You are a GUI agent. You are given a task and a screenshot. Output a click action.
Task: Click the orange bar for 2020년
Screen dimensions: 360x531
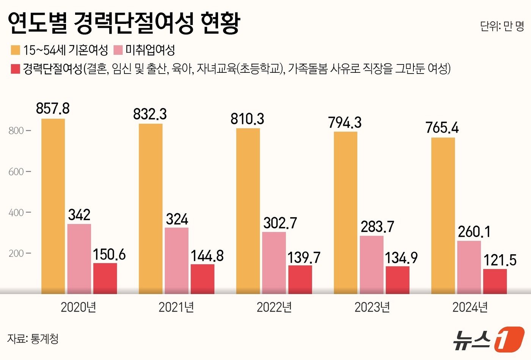pyautogui.click(x=53, y=207)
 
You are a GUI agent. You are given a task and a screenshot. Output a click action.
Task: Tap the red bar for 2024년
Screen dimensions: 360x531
pyautogui.click(x=495, y=281)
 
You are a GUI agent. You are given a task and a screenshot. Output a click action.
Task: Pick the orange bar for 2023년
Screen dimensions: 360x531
pyautogui.click(x=345, y=213)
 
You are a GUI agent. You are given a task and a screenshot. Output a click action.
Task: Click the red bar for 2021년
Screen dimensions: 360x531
pyautogui.click(x=202, y=279)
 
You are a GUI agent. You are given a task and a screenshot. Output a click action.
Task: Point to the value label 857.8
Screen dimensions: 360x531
pyautogui.click(x=53, y=108)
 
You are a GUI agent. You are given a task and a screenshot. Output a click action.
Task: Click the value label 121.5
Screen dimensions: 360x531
pyautogui.click(x=500, y=260)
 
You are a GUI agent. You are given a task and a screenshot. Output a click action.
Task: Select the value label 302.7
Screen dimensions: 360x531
pyautogui.click(x=280, y=223)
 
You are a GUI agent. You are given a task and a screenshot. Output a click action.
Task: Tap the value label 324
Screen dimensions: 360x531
pyautogui.click(x=177, y=219)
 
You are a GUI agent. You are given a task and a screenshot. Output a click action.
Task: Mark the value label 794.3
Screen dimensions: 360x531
pyautogui.click(x=345, y=122)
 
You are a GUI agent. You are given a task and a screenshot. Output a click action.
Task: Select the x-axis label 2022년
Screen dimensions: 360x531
pyautogui.click(x=274, y=307)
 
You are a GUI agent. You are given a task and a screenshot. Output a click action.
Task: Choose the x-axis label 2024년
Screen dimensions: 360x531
pyautogui.click(x=470, y=307)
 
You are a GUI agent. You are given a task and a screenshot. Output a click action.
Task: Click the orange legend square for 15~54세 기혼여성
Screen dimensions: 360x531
pyautogui.click(x=15, y=50)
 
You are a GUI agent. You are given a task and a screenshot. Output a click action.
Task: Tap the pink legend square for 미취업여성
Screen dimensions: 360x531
pyautogui.click(x=118, y=50)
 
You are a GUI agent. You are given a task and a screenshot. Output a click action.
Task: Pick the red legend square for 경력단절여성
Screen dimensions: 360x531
pyautogui.click(x=15, y=69)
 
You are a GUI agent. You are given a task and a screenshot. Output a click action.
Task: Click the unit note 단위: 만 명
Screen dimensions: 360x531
pyautogui.click(x=501, y=26)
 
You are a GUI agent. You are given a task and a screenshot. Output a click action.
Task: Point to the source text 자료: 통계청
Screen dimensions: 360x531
pyautogui.click(x=33, y=338)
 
